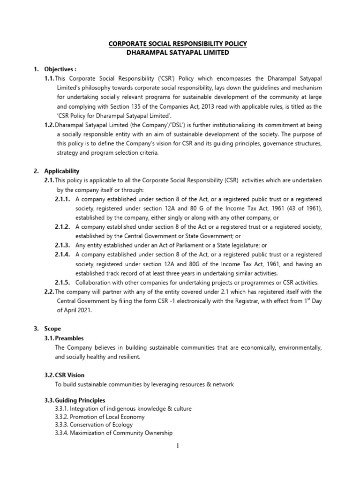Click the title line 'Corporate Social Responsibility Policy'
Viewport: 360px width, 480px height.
pyautogui.click(x=178, y=44)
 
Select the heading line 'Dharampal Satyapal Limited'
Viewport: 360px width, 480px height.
pyautogui.click(x=178, y=52)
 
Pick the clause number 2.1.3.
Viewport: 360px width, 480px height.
pyautogui.click(x=62, y=245)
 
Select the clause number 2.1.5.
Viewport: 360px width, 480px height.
pyautogui.click(x=62, y=282)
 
